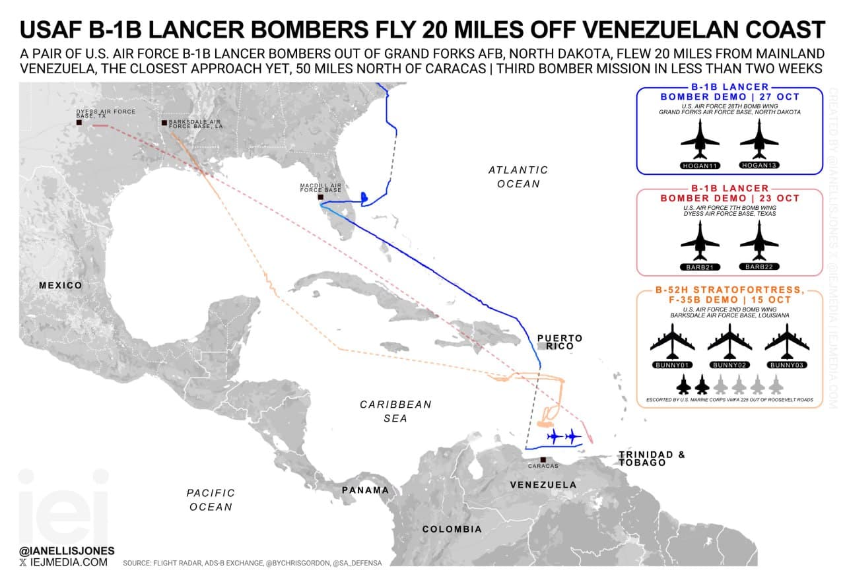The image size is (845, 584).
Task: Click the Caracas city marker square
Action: pyautogui.click(x=543, y=459)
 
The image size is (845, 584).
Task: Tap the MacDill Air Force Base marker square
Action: pyautogui.click(x=321, y=197)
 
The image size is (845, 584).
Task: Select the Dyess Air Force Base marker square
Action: pyautogui.click(x=79, y=123)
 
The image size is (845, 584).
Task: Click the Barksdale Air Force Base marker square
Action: pyautogui.click(x=164, y=123)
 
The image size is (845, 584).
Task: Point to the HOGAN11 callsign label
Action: pyautogui.click(x=700, y=165)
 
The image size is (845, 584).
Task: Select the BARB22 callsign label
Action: pyautogui.click(x=759, y=267)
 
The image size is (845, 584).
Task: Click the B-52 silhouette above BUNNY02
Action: pyautogui.click(x=729, y=342)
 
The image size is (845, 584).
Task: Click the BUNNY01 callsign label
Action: pyautogui.click(x=672, y=364)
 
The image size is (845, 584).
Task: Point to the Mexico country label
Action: pyautogui.click(x=60, y=286)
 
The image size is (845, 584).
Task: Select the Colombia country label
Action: pyautogui.click(x=452, y=529)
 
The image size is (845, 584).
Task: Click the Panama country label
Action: pyautogui.click(x=365, y=490)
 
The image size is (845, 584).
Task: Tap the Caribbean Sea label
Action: pyautogui.click(x=395, y=411)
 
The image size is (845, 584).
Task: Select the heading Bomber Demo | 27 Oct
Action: pyautogui.click(x=729, y=96)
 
